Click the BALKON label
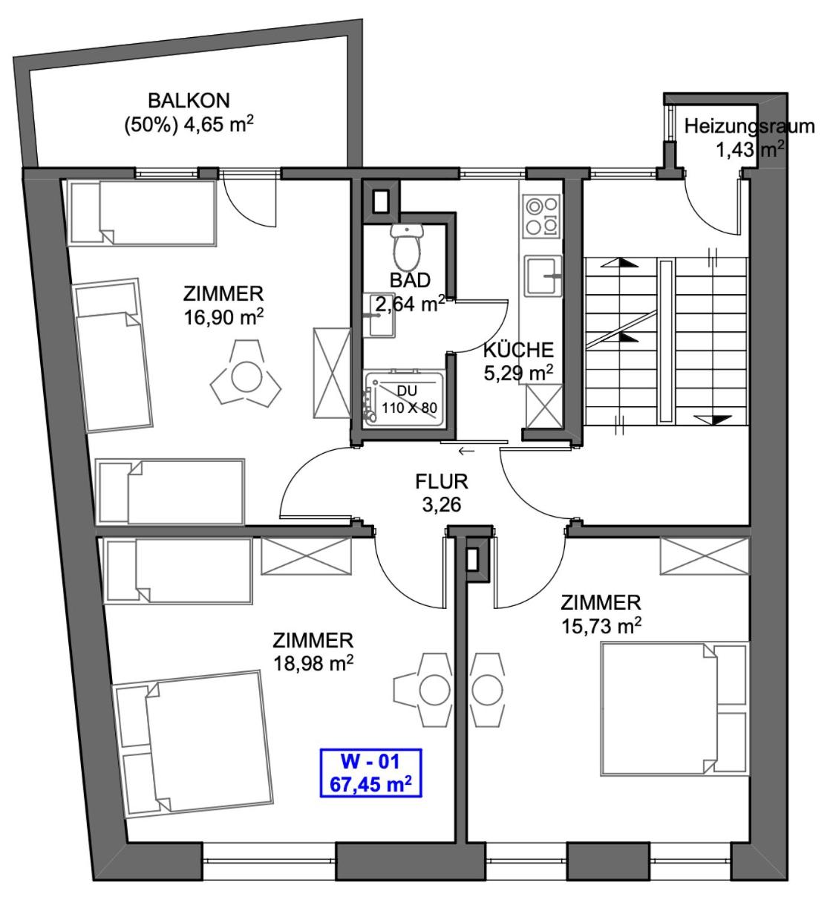189,100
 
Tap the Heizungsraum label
749,126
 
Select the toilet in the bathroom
408,247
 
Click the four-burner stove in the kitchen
541,215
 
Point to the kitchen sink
543,275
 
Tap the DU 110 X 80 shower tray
405,400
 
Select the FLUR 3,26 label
442,493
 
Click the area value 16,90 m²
223,317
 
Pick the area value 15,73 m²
601,626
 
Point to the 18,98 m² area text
313,663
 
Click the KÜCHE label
518,350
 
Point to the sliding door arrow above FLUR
466,451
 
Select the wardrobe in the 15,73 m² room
705,556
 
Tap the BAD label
410,281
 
